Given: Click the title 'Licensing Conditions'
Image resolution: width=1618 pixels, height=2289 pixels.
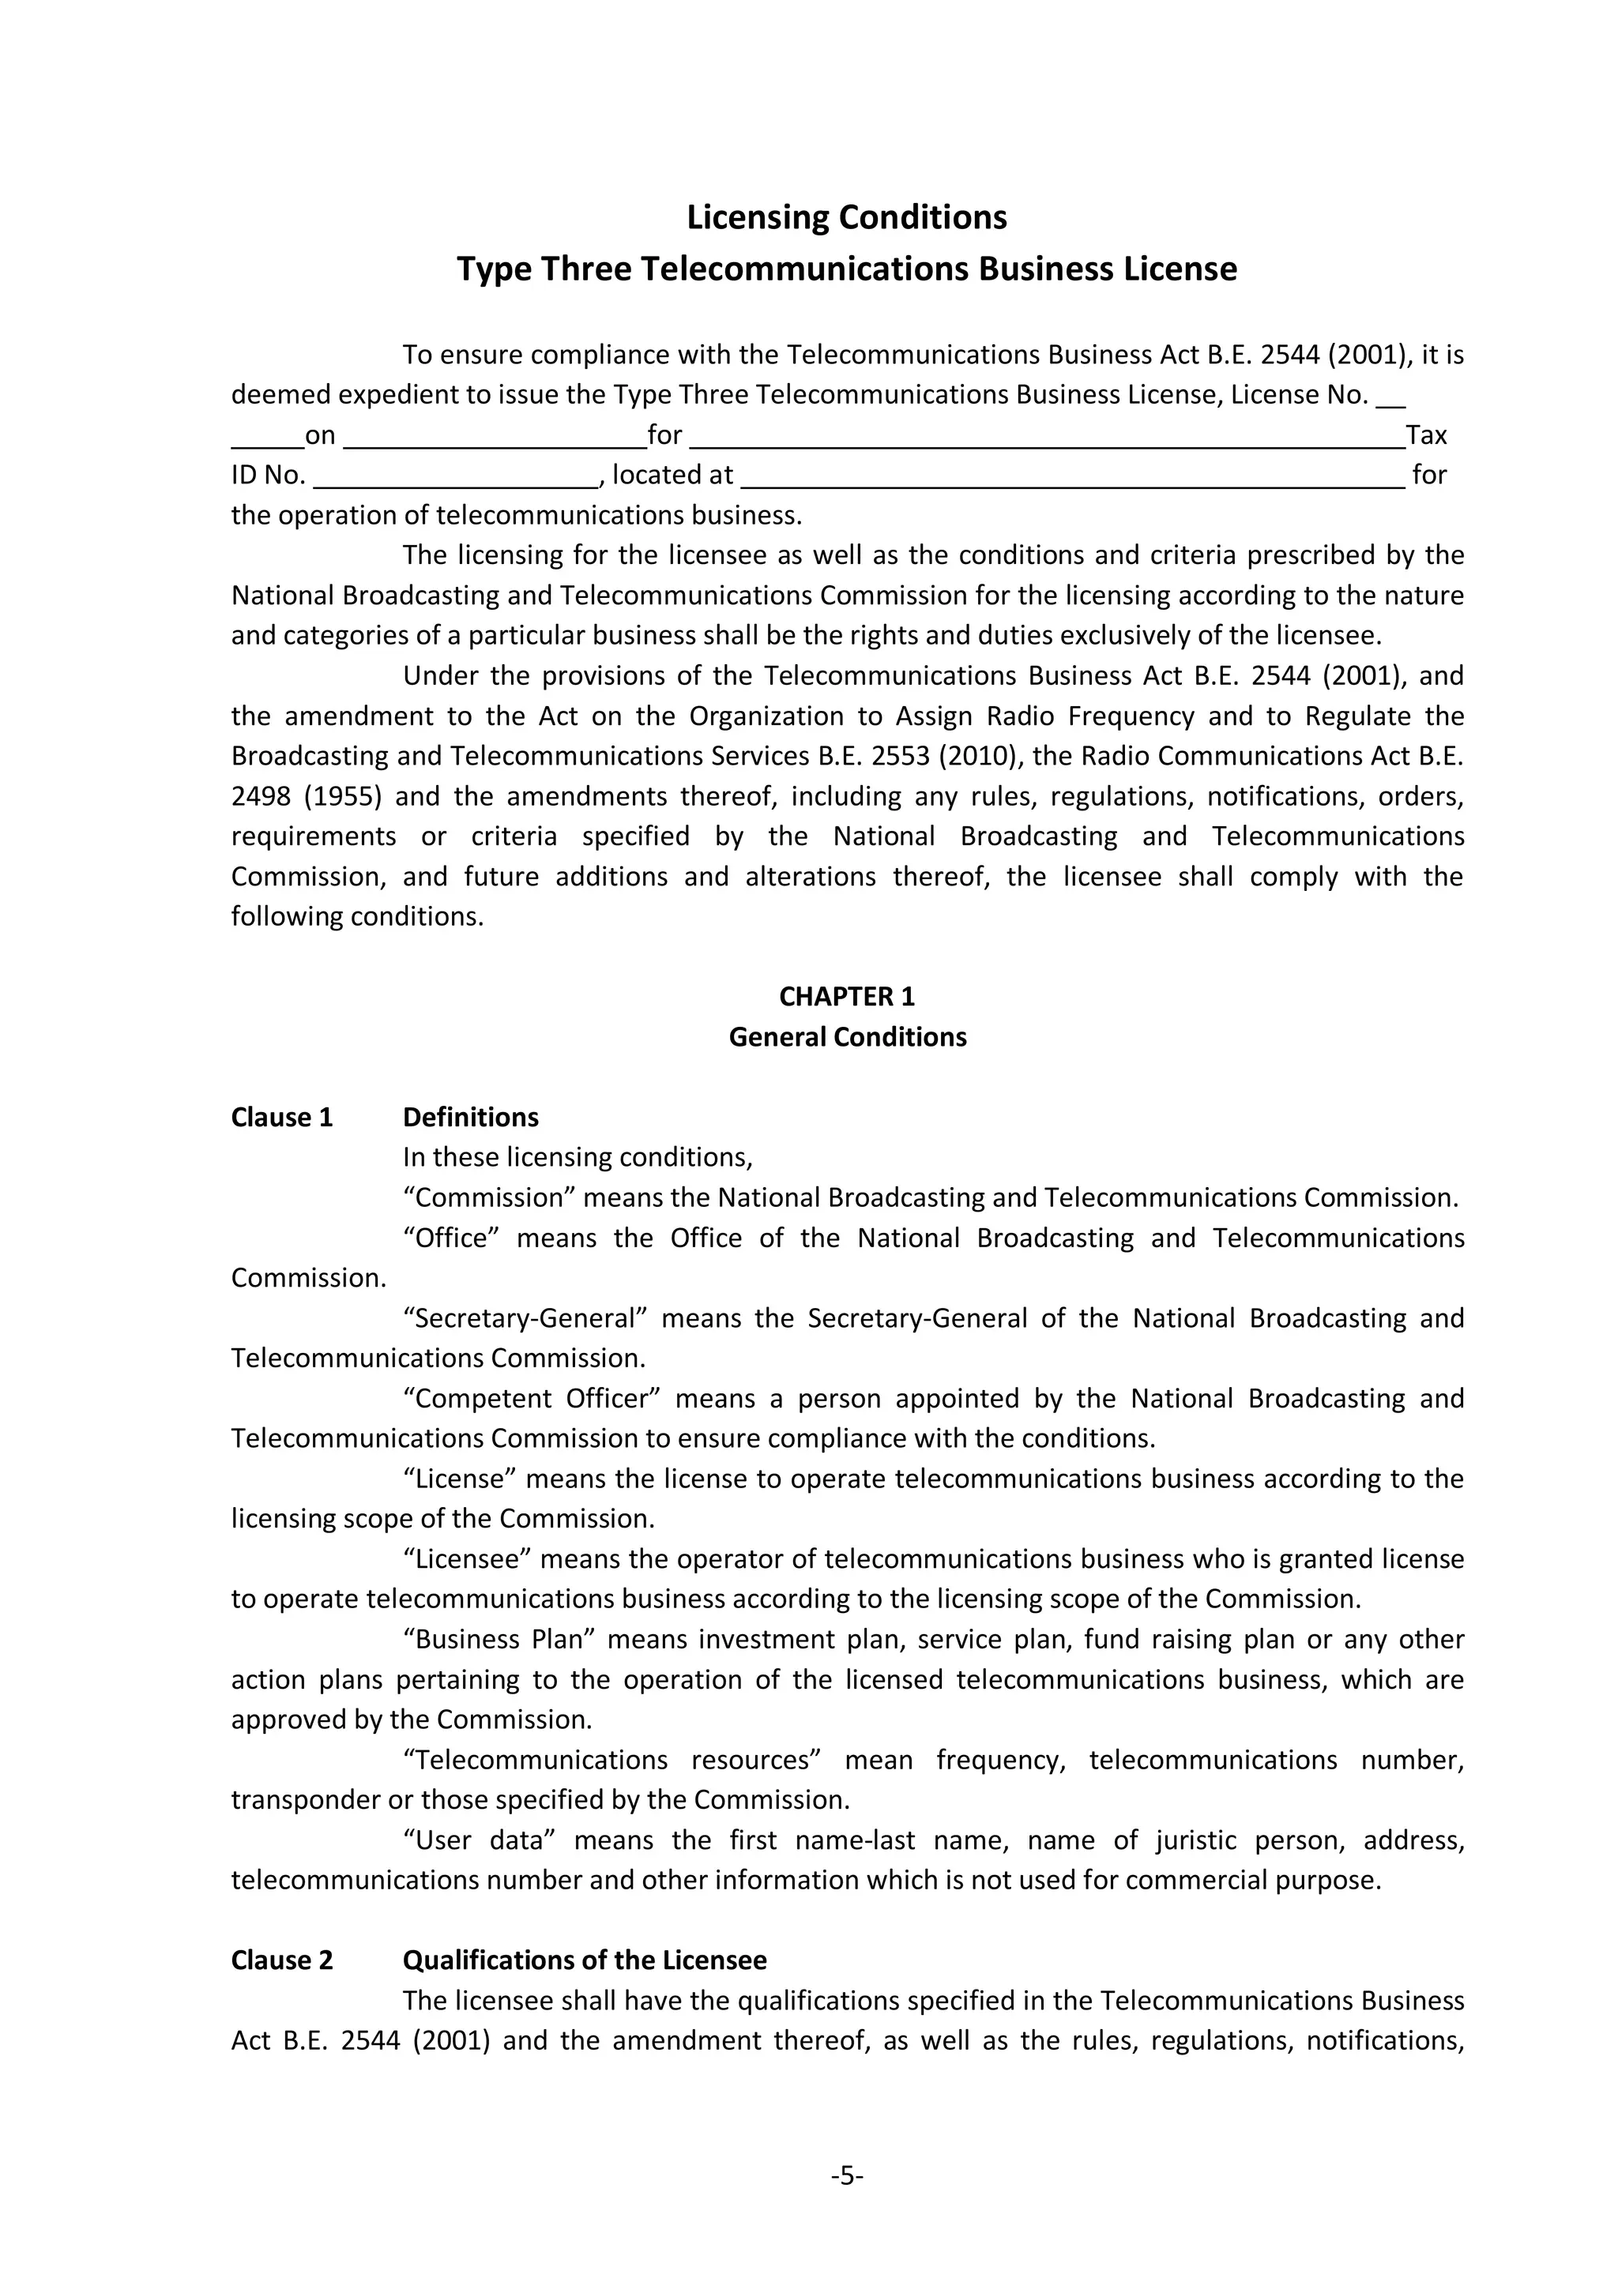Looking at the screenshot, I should click(846, 217).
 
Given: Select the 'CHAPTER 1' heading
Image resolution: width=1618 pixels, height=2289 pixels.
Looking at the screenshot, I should click(846, 996).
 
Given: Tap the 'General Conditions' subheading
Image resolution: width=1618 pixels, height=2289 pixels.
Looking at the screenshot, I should click(846, 1037).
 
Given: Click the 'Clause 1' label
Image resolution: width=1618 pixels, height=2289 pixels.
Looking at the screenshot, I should click(281, 1117).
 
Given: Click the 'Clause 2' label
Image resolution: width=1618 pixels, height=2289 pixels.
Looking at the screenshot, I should click(281, 1960).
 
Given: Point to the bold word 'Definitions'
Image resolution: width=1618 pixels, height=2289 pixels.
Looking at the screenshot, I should click(471, 1117).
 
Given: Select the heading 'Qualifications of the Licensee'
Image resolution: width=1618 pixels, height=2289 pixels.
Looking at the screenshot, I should click(584, 1960).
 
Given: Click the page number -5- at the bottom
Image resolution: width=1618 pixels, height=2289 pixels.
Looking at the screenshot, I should click(846, 2175).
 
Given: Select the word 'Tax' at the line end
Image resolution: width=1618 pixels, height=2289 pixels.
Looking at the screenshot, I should click(1425, 436).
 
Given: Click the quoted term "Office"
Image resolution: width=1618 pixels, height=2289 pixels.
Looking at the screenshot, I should click(450, 1237).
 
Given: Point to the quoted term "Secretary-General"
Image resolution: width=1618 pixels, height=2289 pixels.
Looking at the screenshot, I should click(525, 1318).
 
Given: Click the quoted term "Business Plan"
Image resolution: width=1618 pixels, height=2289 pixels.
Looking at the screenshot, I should click(499, 1639).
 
